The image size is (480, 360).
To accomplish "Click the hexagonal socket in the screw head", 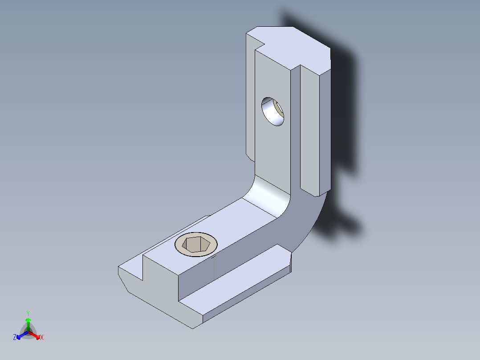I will pos(196,244).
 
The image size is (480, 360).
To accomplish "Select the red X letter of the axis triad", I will pos(42,338).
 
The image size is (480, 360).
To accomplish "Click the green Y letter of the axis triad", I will pos(28,313).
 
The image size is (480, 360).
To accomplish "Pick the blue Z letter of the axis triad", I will pos(15,338).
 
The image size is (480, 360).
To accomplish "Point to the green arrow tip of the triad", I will pos(28,320).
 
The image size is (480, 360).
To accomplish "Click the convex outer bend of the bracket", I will pos(307,218).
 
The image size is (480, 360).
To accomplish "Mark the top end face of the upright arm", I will pos(294,47).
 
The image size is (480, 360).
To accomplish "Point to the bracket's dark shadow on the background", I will pos(343,111).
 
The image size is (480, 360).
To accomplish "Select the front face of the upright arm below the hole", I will pos(272,151).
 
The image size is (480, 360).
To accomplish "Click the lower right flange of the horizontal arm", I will pos(245,285).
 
